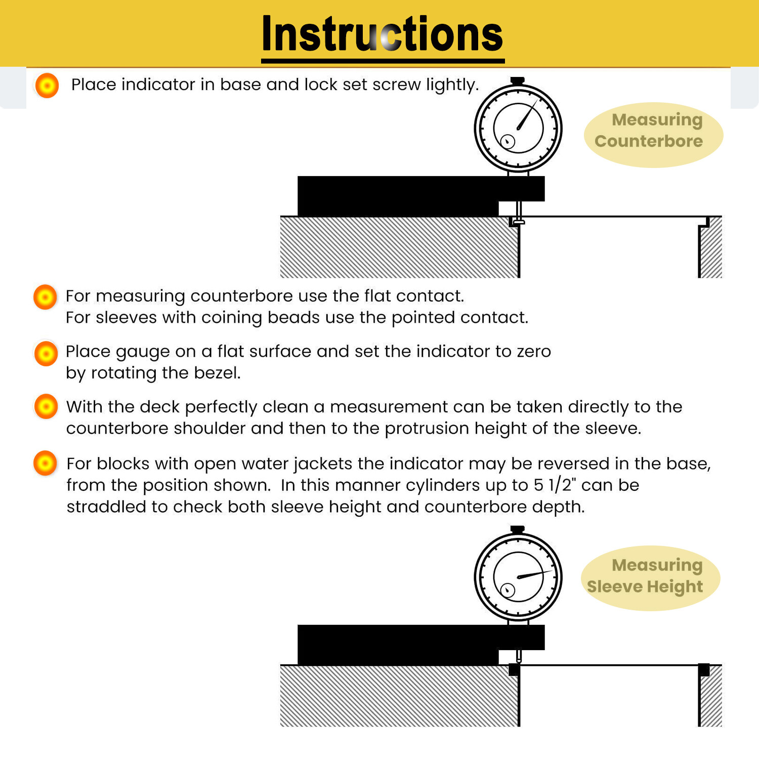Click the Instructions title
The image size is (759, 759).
click(x=383, y=34)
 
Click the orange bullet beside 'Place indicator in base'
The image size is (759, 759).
click(x=47, y=86)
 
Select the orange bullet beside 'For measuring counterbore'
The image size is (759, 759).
click(x=45, y=297)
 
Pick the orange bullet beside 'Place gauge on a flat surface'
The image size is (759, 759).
click(x=46, y=353)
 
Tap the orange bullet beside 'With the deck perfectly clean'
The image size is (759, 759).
click(x=46, y=406)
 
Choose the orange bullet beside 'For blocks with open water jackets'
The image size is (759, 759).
click(x=45, y=463)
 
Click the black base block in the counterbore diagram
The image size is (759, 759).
click(x=420, y=195)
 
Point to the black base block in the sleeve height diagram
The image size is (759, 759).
click(x=420, y=644)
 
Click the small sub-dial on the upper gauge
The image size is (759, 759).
click(x=508, y=142)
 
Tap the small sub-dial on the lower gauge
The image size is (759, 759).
click(x=508, y=590)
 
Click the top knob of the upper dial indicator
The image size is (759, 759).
click(x=518, y=81)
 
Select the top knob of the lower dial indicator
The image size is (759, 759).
click(x=518, y=530)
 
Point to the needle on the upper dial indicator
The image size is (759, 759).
click(x=527, y=115)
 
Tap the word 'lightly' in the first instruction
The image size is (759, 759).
click(x=452, y=85)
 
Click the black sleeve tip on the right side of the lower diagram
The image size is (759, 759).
click(x=704, y=670)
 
